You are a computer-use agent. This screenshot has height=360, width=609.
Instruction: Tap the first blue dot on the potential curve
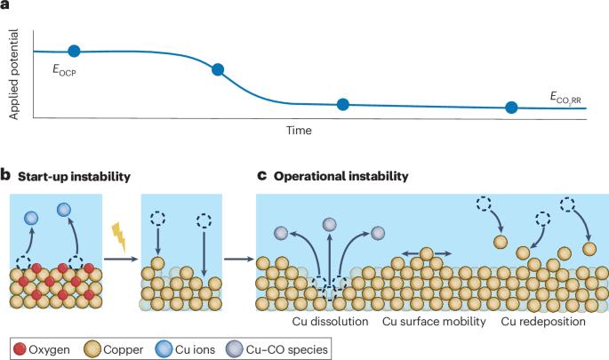click(74, 52)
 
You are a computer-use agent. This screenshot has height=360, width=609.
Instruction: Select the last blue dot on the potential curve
click(511, 108)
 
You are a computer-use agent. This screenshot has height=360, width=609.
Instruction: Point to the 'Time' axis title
click(299, 130)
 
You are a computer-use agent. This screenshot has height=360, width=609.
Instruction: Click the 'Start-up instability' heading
click(71, 176)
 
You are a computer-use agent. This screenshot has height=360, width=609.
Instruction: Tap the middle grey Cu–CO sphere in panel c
click(330, 224)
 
